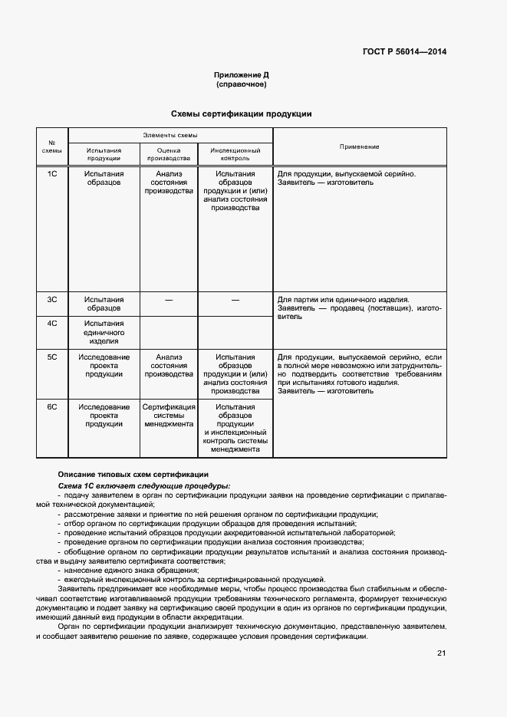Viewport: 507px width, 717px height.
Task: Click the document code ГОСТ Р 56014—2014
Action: (x=404, y=52)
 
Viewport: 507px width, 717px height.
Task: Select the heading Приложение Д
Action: (x=241, y=75)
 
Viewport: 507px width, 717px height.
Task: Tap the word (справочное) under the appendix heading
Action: (x=241, y=84)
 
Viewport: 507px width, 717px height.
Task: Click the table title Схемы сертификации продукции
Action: (x=241, y=113)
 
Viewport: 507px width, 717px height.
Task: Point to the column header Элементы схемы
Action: (x=170, y=135)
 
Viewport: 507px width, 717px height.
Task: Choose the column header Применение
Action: (x=359, y=146)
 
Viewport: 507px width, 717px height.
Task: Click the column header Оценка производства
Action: (x=168, y=155)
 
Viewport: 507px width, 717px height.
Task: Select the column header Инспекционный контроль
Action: (x=235, y=155)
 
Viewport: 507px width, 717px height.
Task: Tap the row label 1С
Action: (x=53, y=174)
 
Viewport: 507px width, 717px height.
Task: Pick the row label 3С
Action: (x=53, y=299)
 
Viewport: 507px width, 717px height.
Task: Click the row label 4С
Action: (x=53, y=324)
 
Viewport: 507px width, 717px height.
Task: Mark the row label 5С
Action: (x=53, y=357)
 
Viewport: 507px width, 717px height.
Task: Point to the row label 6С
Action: (x=53, y=406)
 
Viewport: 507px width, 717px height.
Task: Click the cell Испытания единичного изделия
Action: (x=104, y=332)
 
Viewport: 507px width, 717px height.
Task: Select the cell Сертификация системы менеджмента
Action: (x=169, y=415)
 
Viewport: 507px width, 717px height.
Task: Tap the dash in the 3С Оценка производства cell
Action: (x=168, y=300)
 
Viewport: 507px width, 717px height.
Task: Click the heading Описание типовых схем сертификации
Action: (x=133, y=474)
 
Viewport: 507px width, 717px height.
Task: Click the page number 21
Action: (x=441, y=653)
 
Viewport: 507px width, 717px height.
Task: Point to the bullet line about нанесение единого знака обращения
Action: (x=128, y=570)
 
